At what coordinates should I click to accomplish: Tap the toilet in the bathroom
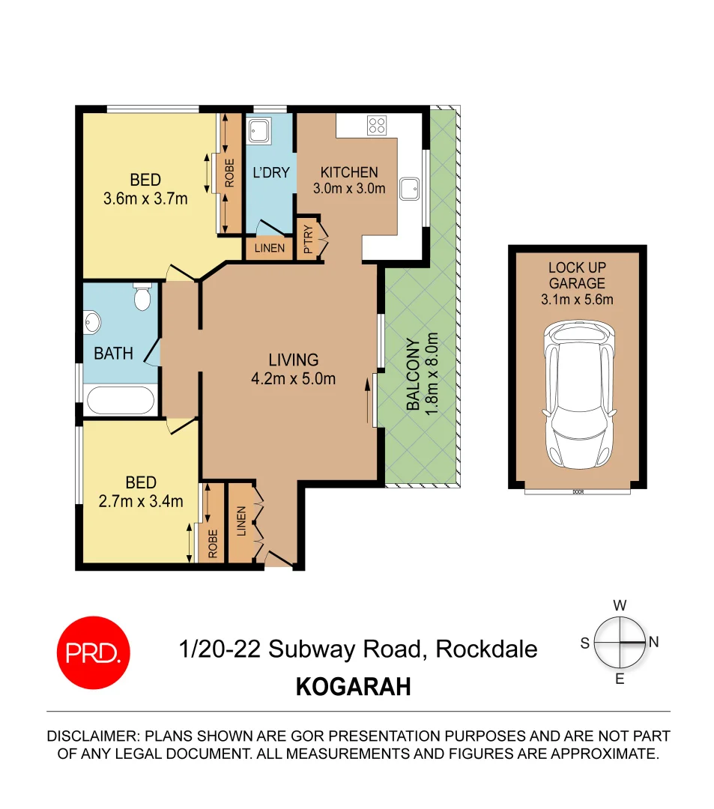pyautogui.click(x=142, y=298)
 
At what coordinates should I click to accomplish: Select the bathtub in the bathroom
pyautogui.click(x=121, y=400)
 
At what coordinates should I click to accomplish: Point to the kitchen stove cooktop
pyautogui.click(x=376, y=126)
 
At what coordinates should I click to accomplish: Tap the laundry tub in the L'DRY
pyautogui.click(x=260, y=131)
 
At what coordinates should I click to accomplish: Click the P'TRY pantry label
pyautogui.click(x=308, y=238)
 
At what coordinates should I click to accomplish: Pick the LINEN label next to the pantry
pyautogui.click(x=269, y=248)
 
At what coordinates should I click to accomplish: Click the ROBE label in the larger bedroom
pyautogui.click(x=230, y=173)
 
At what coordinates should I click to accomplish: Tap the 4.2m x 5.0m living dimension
pyautogui.click(x=293, y=378)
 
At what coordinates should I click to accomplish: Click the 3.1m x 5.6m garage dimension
pyautogui.click(x=577, y=300)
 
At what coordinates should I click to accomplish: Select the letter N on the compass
pyautogui.click(x=653, y=642)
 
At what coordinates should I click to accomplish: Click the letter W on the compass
pyautogui.click(x=620, y=605)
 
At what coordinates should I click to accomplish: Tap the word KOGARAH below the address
pyautogui.click(x=354, y=687)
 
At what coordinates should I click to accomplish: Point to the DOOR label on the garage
pyautogui.click(x=577, y=492)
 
